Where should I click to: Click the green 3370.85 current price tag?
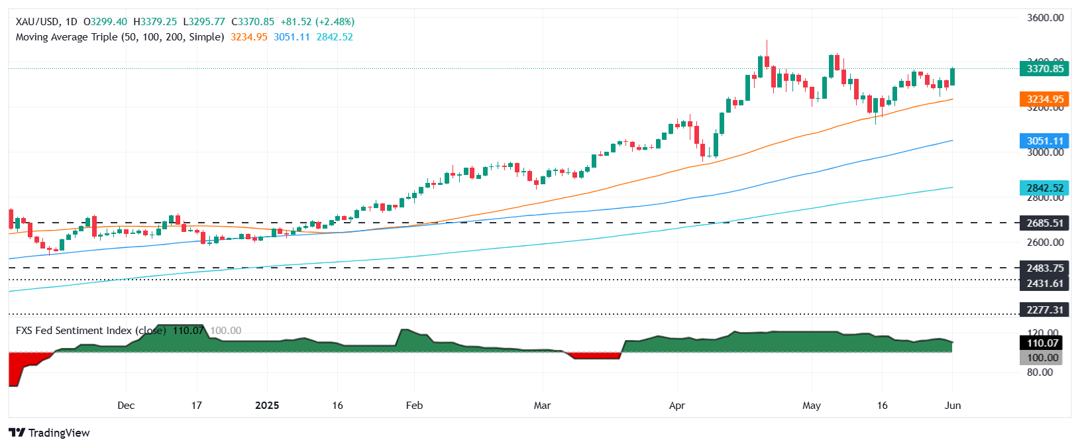(1044, 69)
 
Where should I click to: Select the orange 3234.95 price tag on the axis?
(1044, 99)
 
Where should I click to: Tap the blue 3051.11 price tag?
(1044, 141)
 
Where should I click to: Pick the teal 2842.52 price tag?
(1044, 188)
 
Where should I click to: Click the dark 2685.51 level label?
(1044, 223)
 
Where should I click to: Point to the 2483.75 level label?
(1044, 268)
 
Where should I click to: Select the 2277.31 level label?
(1044, 310)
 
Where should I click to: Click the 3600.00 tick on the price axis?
(1045, 18)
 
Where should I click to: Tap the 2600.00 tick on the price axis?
(1045, 243)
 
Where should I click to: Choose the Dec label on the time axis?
(126, 406)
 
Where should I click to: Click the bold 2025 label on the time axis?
(267, 406)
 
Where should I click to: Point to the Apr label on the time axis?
(676, 406)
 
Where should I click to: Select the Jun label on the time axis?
(952, 406)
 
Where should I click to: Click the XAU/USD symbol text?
(38, 22)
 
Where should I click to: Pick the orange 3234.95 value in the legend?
(249, 37)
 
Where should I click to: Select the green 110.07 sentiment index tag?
(1043, 343)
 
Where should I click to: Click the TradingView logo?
(50, 433)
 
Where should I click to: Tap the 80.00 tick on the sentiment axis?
(1039, 372)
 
